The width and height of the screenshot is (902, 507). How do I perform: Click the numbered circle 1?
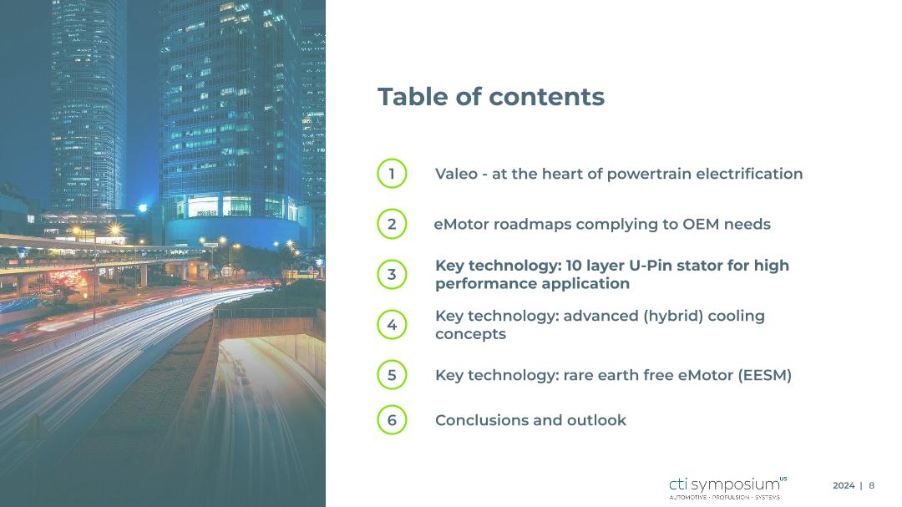[392, 173]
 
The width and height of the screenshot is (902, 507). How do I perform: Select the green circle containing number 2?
[392, 224]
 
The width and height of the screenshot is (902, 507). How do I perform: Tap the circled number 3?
[392, 275]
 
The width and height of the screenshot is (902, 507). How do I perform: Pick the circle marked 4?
[392, 325]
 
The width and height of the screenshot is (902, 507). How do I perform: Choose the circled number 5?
[392, 375]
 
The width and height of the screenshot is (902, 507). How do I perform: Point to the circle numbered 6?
[392, 419]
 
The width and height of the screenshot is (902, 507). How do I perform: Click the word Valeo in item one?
[456, 174]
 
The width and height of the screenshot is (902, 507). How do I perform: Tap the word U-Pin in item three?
[651, 266]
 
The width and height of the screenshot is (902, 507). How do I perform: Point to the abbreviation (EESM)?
[765, 375]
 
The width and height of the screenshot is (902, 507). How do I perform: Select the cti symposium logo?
[727, 488]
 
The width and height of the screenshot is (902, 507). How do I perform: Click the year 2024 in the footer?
[844, 486]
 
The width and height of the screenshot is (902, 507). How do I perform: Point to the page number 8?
[871, 486]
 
